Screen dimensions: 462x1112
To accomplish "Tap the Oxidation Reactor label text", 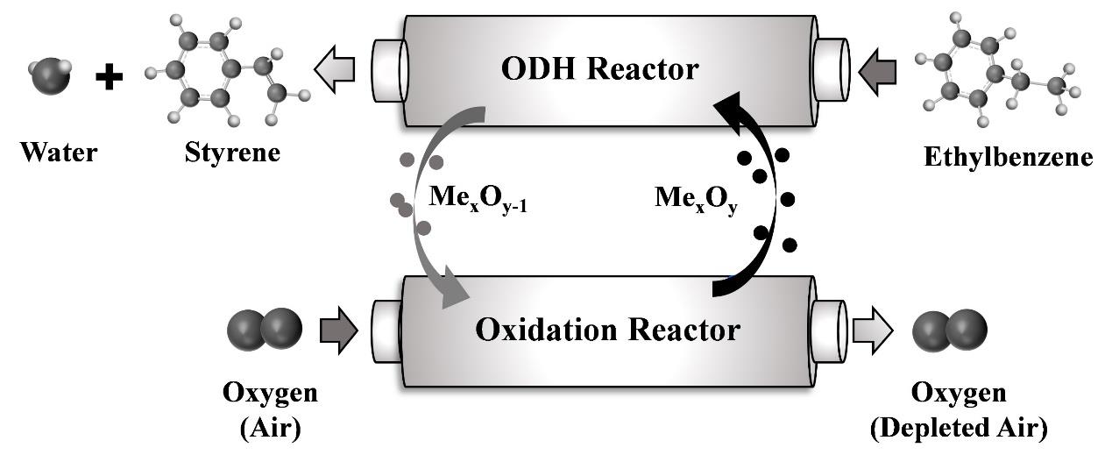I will [x=607, y=331].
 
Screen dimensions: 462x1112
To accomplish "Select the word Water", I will [x=60, y=153].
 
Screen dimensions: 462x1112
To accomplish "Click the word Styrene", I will [x=232, y=153].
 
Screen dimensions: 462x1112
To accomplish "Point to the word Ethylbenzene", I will [x=1009, y=158].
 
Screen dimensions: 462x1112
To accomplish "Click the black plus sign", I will [x=109, y=78].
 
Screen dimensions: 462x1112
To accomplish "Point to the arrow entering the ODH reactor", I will [x=876, y=68].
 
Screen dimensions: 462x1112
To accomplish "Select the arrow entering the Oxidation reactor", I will [x=338, y=331].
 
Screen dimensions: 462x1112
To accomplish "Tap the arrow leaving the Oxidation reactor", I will [x=873, y=331].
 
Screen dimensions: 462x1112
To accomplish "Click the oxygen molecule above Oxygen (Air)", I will [x=266, y=330].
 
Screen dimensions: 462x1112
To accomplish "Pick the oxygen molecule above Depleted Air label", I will [x=950, y=330].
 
